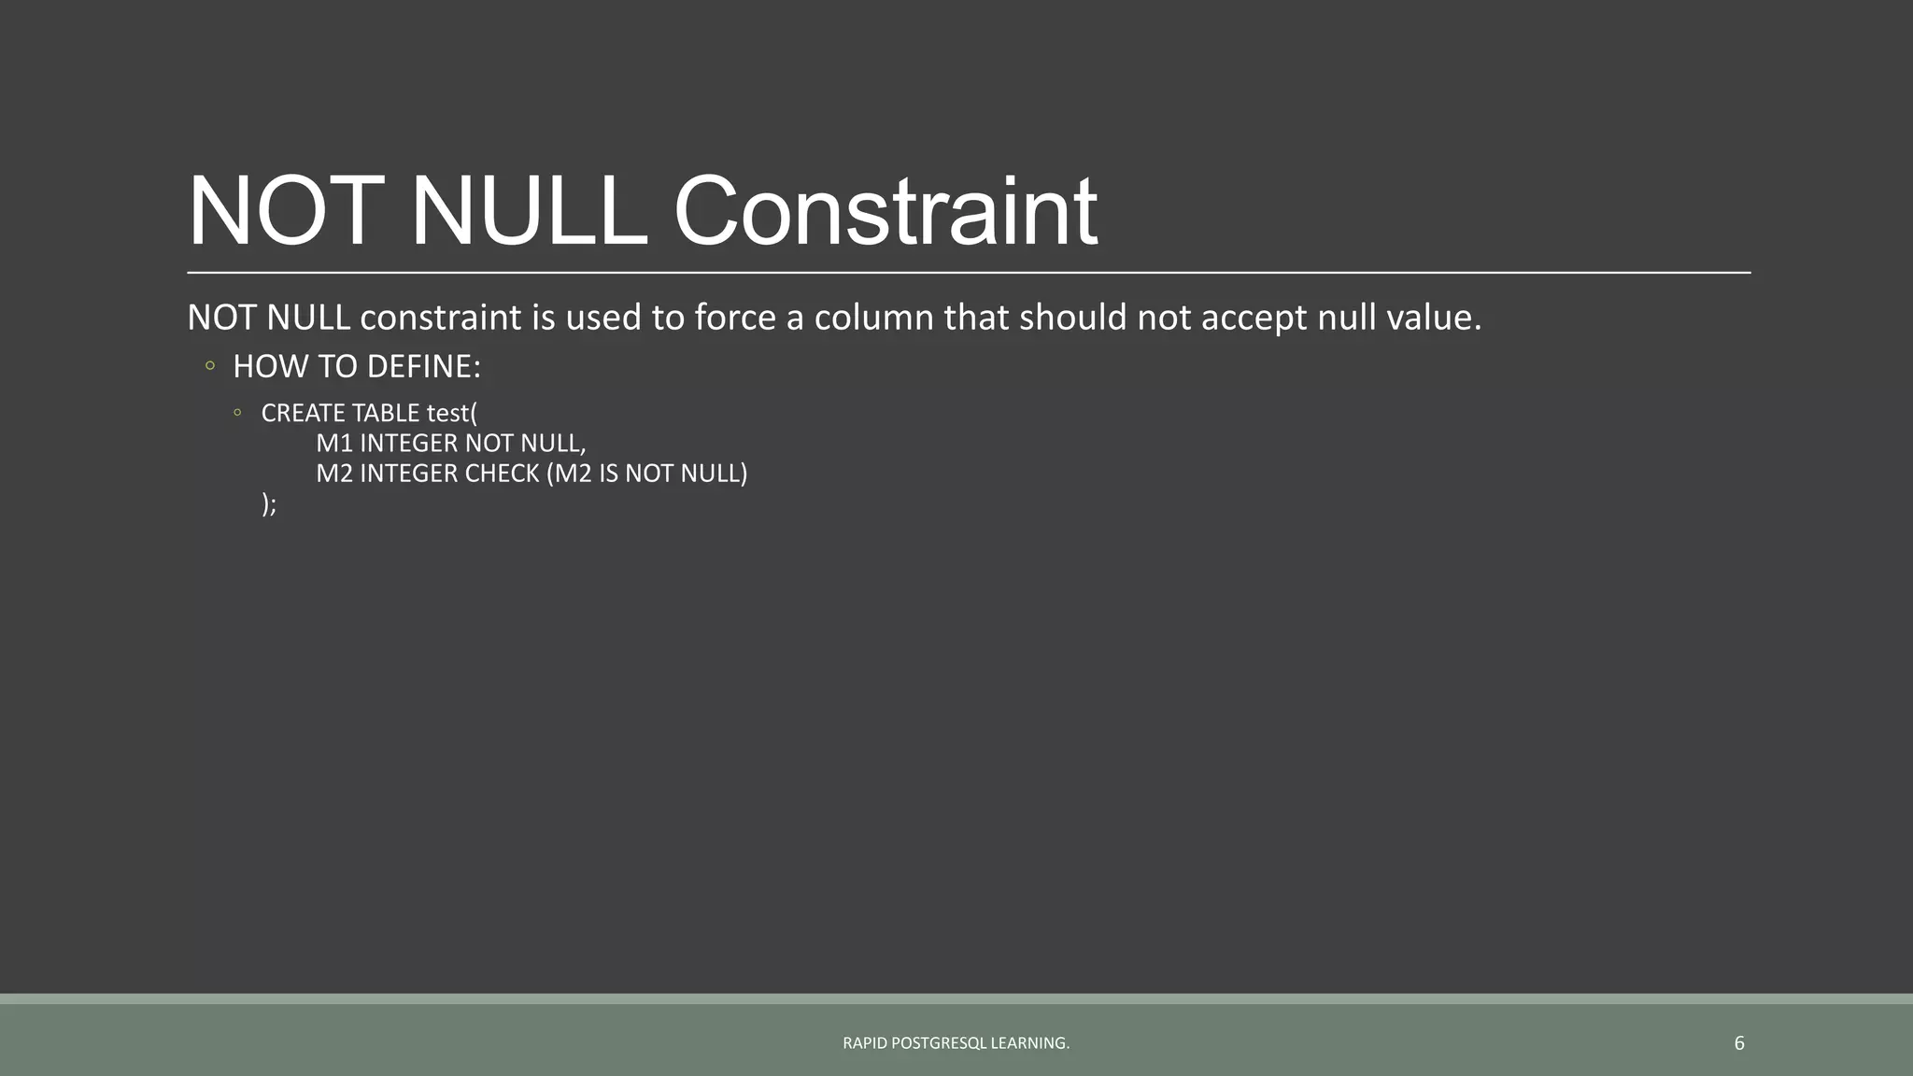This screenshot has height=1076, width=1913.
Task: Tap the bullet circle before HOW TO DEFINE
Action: point(210,365)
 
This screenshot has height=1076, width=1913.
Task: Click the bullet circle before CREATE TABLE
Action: point(238,412)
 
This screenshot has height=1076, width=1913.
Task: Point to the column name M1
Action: point(333,443)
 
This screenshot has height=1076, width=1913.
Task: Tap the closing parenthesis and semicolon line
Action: point(269,504)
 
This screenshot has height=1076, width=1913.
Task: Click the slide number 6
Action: point(1738,1043)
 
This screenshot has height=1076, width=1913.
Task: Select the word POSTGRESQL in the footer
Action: point(938,1043)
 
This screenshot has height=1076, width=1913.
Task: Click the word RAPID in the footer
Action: point(865,1043)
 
